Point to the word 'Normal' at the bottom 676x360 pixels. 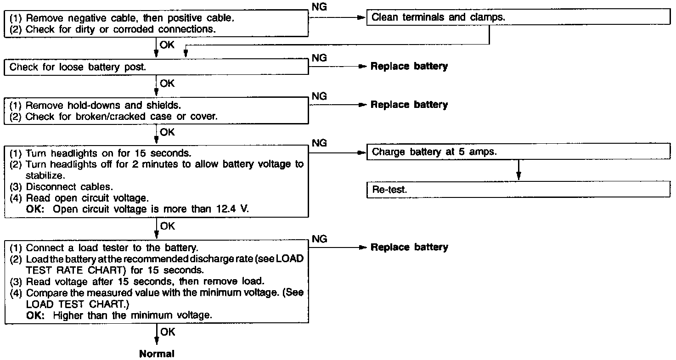click(x=157, y=354)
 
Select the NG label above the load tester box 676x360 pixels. click(x=319, y=239)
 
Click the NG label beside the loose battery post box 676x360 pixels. click(x=319, y=58)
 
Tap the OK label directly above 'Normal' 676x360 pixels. click(x=168, y=332)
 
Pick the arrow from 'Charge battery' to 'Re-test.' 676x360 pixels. click(x=518, y=170)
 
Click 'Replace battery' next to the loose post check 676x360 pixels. click(x=409, y=67)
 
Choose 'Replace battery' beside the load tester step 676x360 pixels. click(x=409, y=247)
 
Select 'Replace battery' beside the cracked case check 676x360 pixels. click(x=409, y=105)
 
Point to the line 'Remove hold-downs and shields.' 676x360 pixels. click(x=96, y=105)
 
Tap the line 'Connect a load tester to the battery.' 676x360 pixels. click(x=104, y=248)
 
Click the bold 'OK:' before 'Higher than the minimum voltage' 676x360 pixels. click(x=35, y=315)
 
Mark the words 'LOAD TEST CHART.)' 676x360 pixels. click(x=78, y=304)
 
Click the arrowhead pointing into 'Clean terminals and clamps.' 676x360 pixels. click(x=361, y=17)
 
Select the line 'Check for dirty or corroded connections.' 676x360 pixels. click(x=113, y=29)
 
